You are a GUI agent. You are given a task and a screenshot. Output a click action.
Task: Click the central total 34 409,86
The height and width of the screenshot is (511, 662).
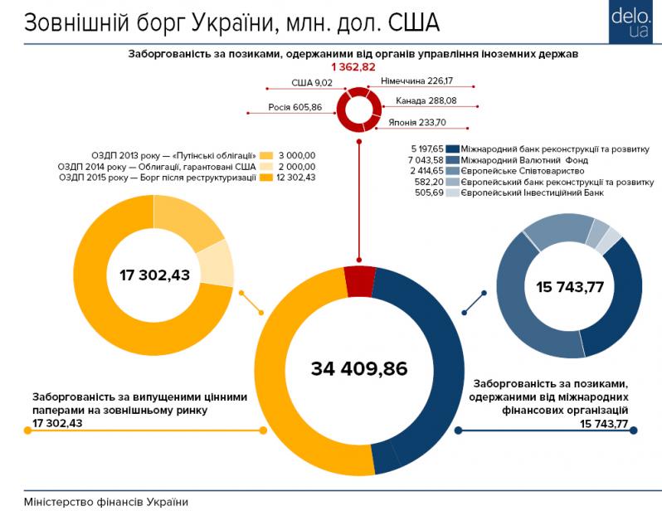[x=359, y=367]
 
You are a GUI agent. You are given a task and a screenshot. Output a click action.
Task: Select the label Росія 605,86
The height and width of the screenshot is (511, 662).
[x=295, y=107]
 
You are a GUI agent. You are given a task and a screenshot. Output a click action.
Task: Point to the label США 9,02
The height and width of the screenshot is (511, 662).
[x=312, y=83]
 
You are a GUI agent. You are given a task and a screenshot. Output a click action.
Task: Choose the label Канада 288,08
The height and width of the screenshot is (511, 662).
[x=427, y=101]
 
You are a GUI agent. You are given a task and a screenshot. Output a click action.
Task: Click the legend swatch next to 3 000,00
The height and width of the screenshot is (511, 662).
[x=266, y=155]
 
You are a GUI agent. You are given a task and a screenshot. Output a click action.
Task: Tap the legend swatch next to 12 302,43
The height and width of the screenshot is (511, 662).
[x=266, y=177]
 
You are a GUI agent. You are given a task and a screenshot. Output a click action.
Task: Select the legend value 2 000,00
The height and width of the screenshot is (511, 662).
[x=298, y=166]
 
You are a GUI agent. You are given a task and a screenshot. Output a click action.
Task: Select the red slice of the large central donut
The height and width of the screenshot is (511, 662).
[x=359, y=280]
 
